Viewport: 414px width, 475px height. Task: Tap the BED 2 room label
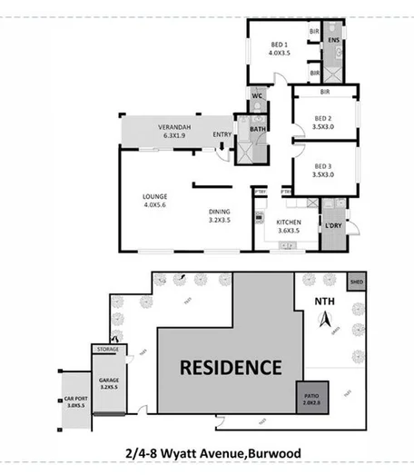coord(323,119)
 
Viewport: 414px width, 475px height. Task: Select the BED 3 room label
coord(323,169)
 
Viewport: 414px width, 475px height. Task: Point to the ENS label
coord(333,41)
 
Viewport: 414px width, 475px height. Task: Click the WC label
coord(257,95)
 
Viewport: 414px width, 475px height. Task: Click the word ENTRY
coord(222,136)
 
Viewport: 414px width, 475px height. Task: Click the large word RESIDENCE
coord(231,368)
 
